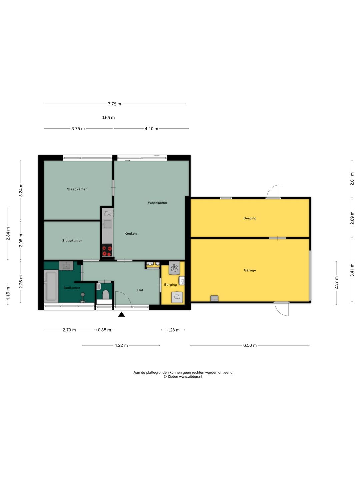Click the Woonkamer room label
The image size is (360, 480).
[158, 203]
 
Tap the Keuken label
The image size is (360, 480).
[130, 233]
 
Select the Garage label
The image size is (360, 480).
[250, 270]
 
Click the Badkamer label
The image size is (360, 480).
[72, 288]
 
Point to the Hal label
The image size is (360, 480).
[140, 290]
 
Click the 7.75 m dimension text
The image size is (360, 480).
[114, 104]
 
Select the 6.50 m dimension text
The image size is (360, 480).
[250, 345]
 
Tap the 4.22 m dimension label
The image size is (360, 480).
[121, 345]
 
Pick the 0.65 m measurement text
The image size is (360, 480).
[108, 118]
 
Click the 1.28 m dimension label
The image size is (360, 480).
[173, 330]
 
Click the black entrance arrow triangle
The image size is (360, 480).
[122, 314]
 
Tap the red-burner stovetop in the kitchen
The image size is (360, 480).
[107, 250]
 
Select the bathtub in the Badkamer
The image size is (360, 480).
[51, 286]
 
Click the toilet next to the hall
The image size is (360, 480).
[106, 295]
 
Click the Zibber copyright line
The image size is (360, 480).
[183, 377]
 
